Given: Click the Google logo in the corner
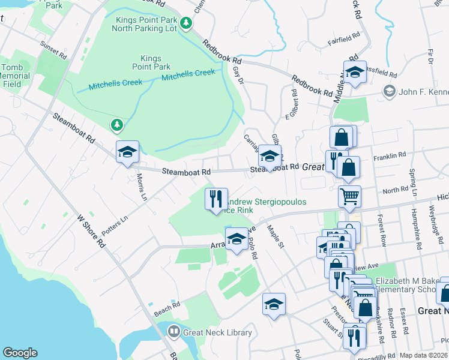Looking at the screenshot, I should coord(20,353).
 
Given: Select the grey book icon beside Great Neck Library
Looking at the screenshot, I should coord(174,331).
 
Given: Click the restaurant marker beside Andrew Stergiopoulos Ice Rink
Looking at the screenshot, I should coord(216,199).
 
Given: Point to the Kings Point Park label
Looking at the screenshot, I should coord(152,62).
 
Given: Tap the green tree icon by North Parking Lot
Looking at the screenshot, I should coord(187,23).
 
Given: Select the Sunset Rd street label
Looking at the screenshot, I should coord(53,50).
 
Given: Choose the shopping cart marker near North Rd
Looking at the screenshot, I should coord(349,195).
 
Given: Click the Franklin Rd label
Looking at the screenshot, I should coord(385,157).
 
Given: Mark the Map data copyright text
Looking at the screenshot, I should coord(424,355).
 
